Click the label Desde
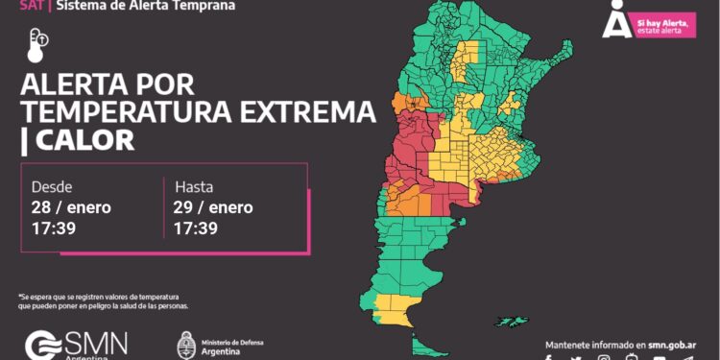coord(52,186)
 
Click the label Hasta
coord(194,186)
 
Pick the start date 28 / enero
coord(72,207)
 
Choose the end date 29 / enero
coord(214,207)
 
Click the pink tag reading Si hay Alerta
coord(663,25)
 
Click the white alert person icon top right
coord(615,19)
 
